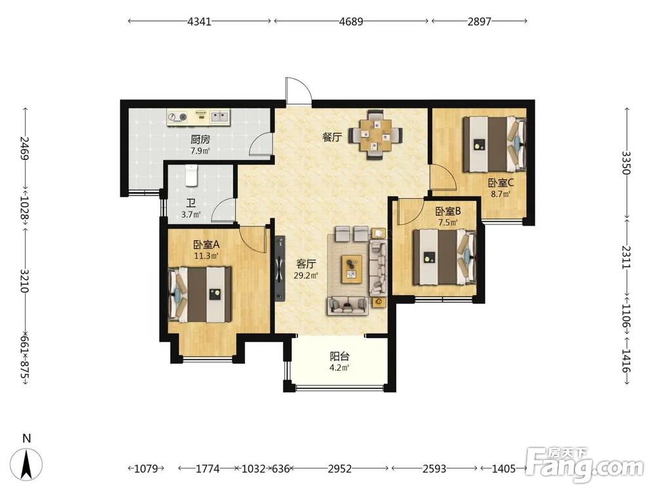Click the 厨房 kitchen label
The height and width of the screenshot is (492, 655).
coord(200,139)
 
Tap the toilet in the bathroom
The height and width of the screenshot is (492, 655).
coord(191,175)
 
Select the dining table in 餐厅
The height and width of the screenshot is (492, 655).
coord(376,134)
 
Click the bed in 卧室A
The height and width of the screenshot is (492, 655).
coord(200,295)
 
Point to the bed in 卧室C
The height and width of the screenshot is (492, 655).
coord(494,144)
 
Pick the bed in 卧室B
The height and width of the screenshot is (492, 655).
coord(445,257)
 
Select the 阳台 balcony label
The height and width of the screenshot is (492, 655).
coord(339,356)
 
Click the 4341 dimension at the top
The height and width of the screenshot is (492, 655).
coord(199,21)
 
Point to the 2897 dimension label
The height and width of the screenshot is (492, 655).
coord(479,21)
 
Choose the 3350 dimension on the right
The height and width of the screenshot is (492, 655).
coord(626,163)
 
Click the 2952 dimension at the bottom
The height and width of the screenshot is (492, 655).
coord(339,468)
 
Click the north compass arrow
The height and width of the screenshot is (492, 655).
coord(26,464)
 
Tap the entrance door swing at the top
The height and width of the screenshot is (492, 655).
coord(298,91)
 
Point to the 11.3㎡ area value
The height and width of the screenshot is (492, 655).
coord(206,256)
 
